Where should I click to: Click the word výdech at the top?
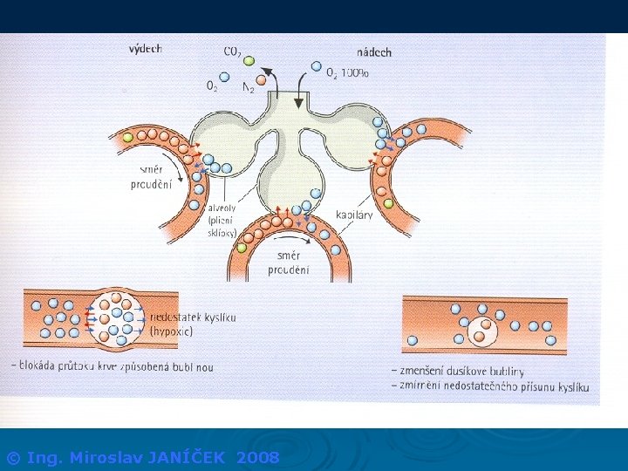[146, 49]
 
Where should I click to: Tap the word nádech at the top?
[374, 51]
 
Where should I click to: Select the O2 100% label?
[347, 74]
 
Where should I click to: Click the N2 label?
[248, 89]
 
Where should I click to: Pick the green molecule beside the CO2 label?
[249, 60]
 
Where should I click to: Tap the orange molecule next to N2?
[261, 79]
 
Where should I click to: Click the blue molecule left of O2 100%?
[317, 65]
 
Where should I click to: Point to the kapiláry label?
[355, 215]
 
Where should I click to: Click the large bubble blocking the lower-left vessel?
[115, 317]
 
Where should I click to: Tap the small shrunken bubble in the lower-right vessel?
[481, 331]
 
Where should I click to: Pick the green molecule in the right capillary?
[389, 203]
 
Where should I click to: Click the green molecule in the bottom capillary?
[241, 248]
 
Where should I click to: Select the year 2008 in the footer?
[259, 457]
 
